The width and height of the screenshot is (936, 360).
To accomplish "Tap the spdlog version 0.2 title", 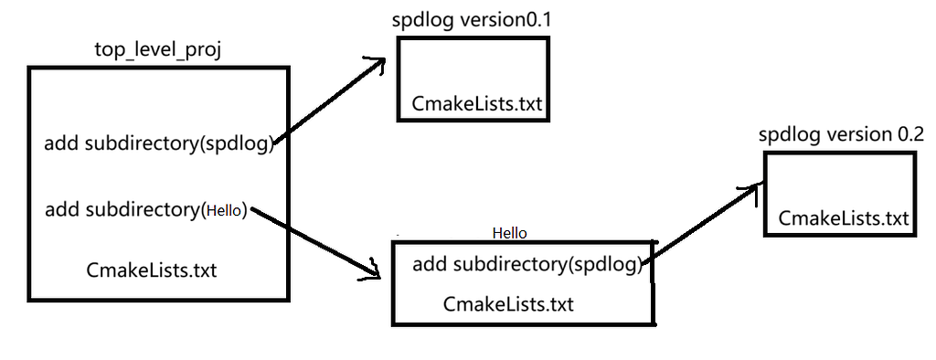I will coord(841,134).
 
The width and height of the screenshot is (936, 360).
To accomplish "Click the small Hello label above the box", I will coord(509,233).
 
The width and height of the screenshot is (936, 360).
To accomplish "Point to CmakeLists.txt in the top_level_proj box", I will coord(152,270).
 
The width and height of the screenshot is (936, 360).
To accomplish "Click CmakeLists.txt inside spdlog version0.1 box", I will coord(478,103).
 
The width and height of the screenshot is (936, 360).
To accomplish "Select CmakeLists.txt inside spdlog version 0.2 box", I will coord(844,218).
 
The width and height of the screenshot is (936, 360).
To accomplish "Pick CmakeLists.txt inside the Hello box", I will coord(508,303).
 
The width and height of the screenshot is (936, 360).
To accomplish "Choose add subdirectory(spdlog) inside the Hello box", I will coord(529,265).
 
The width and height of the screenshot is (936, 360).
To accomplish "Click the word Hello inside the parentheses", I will coord(224,210).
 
